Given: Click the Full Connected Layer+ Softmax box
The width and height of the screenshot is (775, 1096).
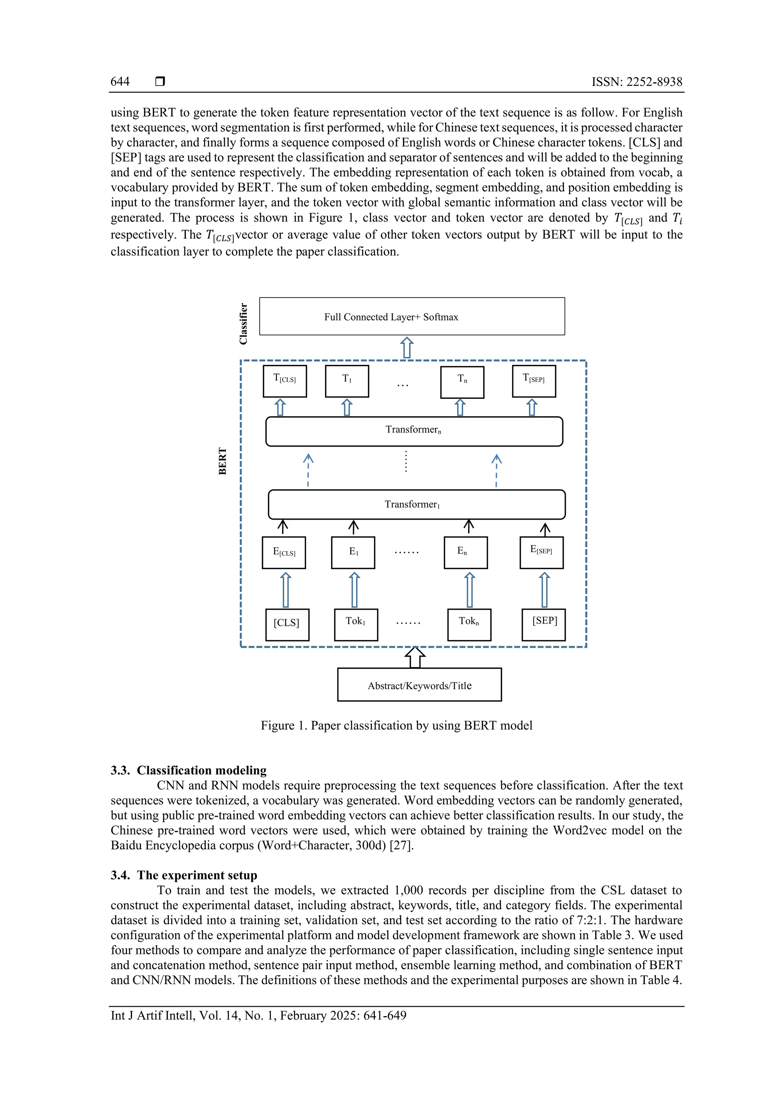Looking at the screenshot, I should (412, 316).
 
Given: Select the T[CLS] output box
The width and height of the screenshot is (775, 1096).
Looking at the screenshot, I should (285, 381).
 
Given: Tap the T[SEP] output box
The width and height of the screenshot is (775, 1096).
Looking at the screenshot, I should (534, 381).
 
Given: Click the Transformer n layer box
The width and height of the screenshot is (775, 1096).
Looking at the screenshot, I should (414, 431).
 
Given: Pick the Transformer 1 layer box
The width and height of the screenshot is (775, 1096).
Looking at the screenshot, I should (416, 504).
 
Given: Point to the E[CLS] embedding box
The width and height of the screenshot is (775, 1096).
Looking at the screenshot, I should (284, 552).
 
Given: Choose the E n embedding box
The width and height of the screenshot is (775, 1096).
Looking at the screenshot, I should (465, 552).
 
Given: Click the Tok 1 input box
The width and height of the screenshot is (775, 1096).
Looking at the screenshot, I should (356, 624).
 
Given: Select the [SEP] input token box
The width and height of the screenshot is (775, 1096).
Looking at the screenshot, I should (543, 624).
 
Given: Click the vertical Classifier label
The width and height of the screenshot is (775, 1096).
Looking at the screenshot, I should (243, 324).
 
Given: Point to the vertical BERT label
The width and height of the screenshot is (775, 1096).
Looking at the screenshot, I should (223, 461).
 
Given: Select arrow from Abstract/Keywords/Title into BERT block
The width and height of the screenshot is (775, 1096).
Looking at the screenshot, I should (415, 657).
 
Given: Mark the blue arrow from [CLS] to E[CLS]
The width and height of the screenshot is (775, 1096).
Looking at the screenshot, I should (285, 590).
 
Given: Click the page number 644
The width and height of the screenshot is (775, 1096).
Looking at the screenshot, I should (120, 82).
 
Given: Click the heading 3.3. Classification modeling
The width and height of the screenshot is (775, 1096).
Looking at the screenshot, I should (188, 770).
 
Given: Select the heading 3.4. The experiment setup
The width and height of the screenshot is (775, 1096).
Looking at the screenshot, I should (184, 875).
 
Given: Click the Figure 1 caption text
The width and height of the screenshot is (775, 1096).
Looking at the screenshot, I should (396, 725).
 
